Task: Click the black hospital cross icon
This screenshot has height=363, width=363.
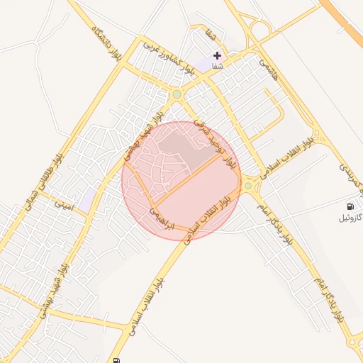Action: (x=217, y=55)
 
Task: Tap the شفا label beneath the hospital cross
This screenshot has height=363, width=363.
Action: (x=217, y=66)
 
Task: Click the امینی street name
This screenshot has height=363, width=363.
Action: (x=64, y=204)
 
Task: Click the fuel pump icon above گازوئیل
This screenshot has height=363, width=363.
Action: (x=348, y=206)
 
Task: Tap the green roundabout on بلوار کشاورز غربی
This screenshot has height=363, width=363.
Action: (x=177, y=94)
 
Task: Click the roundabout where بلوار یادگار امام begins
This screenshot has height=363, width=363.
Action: (x=248, y=186)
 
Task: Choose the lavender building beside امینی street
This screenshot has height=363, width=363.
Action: (x=86, y=201)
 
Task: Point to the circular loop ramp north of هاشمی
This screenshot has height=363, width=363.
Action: (x=260, y=30)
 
